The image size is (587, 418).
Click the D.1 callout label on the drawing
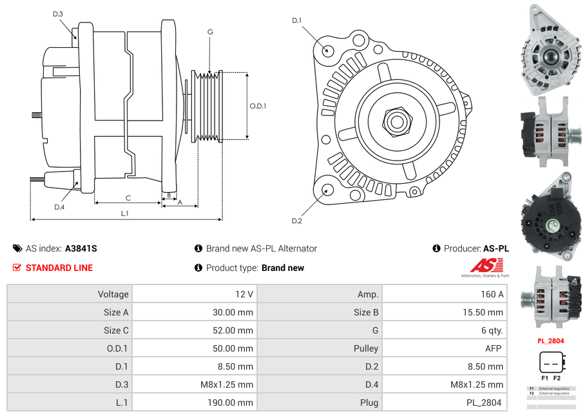pyautogui.click(x=296, y=21)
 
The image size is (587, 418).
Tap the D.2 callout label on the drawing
pyautogui.click(x=296, y=221)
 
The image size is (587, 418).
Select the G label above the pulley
pyautogui.click(x=210, y=32)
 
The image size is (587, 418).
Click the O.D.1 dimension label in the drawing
pyautogui.click(x=258, y=106)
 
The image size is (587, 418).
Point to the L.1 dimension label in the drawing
pyautogui.click(x=124, y=213)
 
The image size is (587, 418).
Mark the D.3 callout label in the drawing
pyautogui.click(x=58, y=14)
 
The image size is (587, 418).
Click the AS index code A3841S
pyautogui.click(x=81, y=248)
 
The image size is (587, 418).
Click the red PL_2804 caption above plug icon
pyautogui.click(x=551, y=341)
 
